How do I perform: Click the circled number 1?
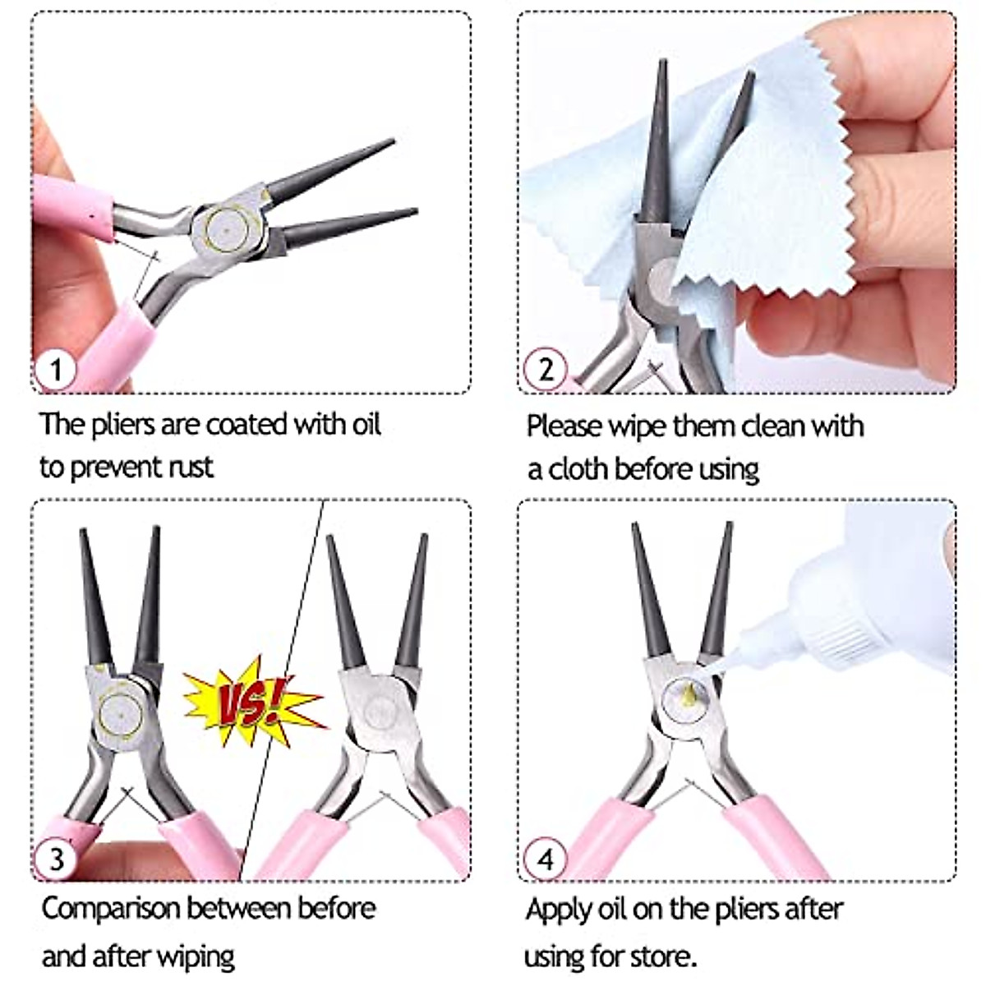(55, 369)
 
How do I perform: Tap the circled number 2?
(546, 369)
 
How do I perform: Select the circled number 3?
(55, 858)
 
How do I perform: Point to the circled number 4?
(546, 859)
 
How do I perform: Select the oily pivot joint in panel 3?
(119, 712)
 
